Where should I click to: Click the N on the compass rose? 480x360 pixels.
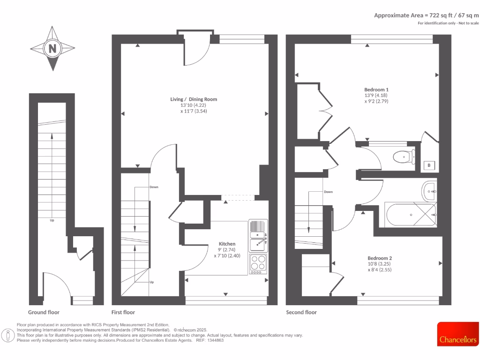pos(52,48)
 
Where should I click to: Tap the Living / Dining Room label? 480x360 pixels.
pos(194,99)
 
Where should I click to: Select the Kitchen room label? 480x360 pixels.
pos(227,244)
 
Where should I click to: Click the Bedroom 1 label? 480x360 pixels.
pos(376,89)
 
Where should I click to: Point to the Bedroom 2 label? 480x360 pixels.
pos(379,258)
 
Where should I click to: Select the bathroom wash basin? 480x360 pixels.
pos(429,190)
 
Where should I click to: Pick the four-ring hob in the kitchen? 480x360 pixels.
pos(257,263)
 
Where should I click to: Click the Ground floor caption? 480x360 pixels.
pos(44,312)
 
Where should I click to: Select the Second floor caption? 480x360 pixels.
pos(301,312)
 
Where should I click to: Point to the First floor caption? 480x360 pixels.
pos(123,312)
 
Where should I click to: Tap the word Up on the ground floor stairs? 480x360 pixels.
pos(52,220)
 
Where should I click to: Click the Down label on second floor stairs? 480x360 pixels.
pos(328,192)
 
